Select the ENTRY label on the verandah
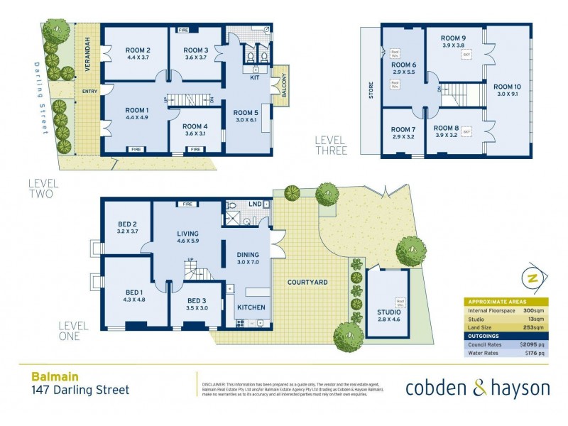tap(89, 91)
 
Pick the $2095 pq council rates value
tap(532, 345)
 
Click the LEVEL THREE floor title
tap(331, 146)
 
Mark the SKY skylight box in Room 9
tap(466, 54)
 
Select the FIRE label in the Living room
tap(188, 204)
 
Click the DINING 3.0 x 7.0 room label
tap(244, 258)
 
